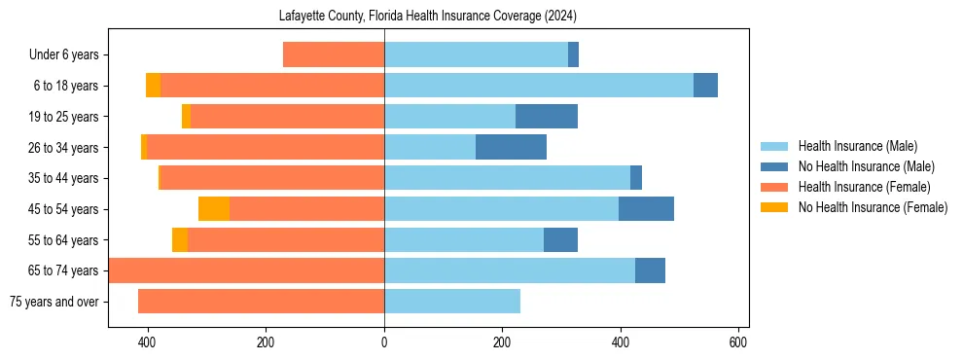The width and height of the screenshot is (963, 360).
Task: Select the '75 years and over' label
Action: (54, 302)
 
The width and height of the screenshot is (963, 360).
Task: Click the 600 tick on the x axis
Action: (738, 342)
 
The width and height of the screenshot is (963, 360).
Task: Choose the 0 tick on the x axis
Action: (384, 342)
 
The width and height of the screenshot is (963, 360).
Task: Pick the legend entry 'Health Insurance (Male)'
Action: (857, 146)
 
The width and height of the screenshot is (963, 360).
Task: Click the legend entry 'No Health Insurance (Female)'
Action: (873, 207)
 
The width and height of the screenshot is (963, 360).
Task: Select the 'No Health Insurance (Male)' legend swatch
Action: (775, 166)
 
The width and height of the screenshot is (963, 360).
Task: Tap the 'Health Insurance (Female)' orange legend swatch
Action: (775, 187)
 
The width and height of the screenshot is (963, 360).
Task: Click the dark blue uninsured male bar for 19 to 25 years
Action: (547, 117)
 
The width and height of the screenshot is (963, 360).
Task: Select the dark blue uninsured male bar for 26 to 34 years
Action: (511, 148)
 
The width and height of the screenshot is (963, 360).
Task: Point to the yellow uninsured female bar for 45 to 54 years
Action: (214, 209)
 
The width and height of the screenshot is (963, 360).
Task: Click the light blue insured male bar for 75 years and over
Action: (452, 302)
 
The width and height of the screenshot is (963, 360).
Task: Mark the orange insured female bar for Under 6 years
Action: (334, 54)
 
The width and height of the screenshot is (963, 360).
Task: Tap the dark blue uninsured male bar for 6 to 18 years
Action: (705, 86)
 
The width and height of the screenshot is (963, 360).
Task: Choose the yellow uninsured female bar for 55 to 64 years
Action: (180, 240)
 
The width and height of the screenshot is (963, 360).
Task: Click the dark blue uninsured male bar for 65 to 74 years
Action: (650, 270)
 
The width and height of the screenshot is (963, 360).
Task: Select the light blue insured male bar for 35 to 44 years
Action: (507, 178)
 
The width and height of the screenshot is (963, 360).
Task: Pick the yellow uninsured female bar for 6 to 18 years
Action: (154, 86)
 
